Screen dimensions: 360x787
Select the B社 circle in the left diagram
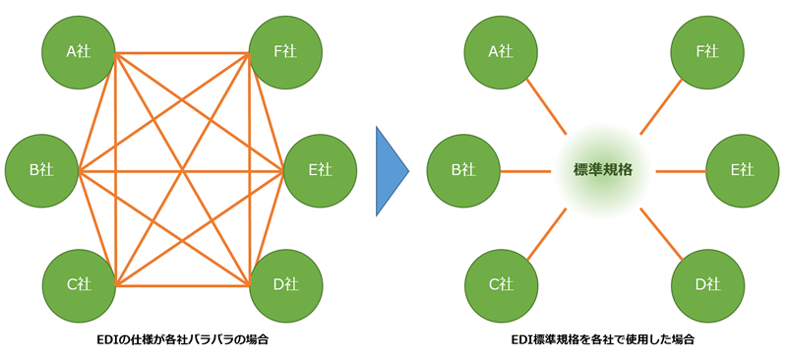[x=42, y=170]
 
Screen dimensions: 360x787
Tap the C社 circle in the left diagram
[x=80, y=285]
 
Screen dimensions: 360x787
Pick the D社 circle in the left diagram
[x=285, y=285]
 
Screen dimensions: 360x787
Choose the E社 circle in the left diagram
[x=320, y=170]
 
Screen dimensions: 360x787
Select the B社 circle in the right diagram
[x=463, y=170]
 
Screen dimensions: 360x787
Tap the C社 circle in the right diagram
[x=501, y=285]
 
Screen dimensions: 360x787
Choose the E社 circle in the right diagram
[x=742, y=170]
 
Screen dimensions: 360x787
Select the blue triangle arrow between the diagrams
[x=392, y=170]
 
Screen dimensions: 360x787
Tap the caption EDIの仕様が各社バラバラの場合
[x=182, y=341]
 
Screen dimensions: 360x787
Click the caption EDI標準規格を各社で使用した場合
[x=603, y=341]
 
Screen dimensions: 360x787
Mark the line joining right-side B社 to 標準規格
[x=525, y=170]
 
